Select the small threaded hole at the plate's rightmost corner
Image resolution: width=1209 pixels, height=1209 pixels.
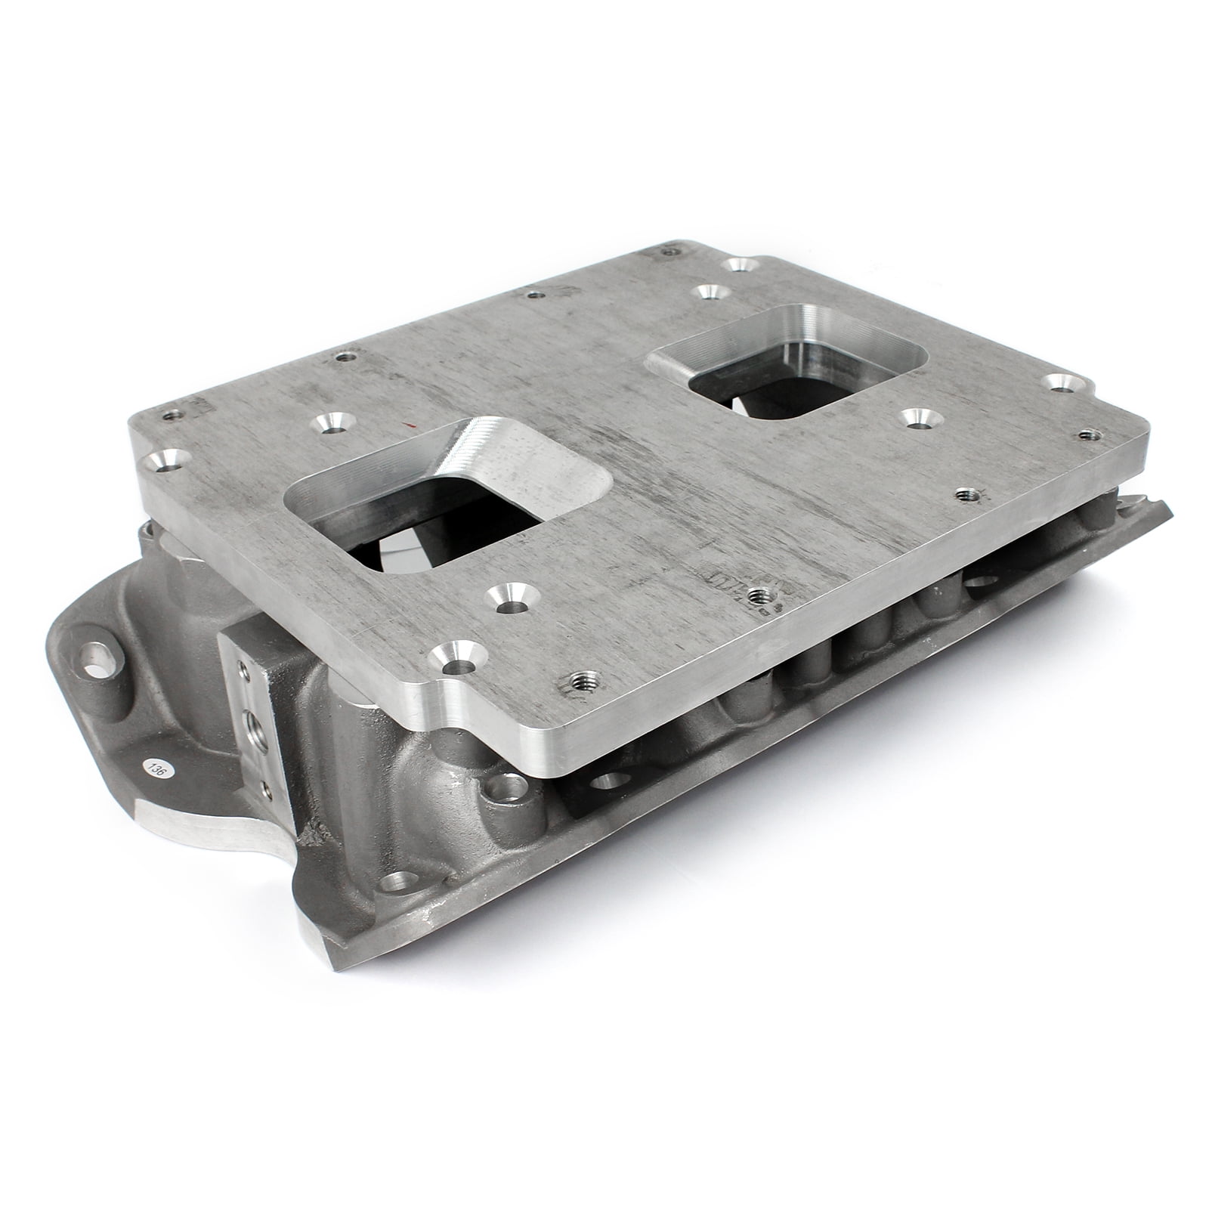click(1089, 434)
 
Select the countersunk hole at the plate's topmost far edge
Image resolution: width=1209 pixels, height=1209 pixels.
click(738, 264)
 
